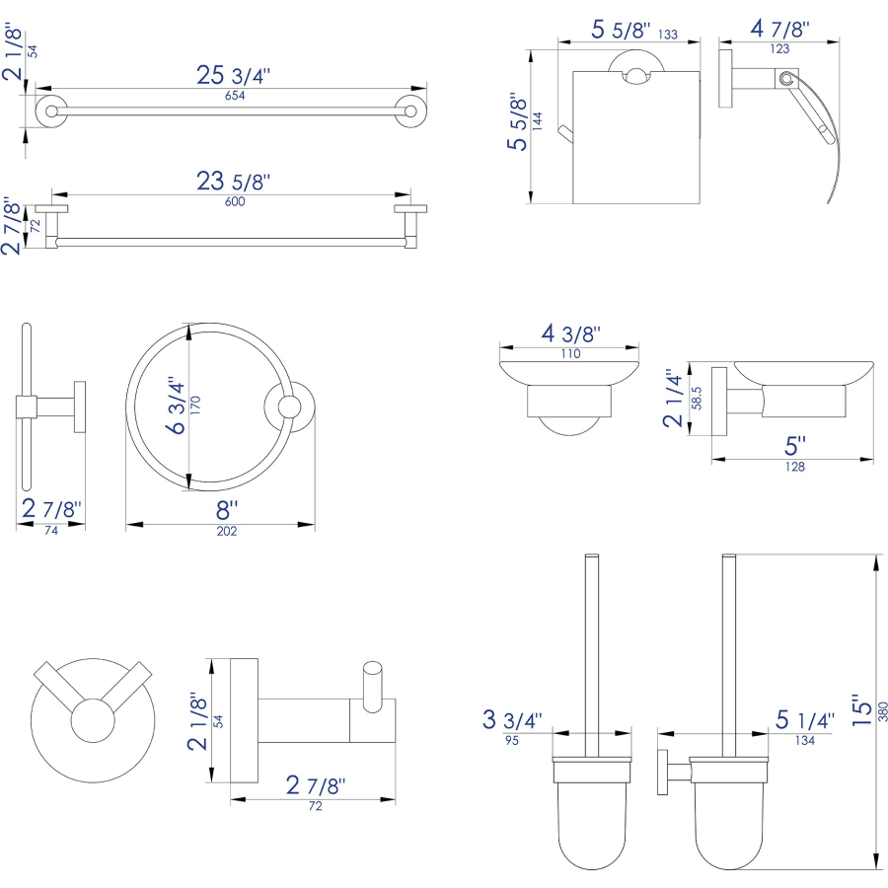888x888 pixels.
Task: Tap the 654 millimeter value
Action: (234, 96)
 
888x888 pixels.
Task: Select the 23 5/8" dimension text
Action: (233, 182)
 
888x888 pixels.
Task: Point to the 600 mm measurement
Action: (234, 201)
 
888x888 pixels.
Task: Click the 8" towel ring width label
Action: (227, 510)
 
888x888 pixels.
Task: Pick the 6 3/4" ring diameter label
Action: (177, 405)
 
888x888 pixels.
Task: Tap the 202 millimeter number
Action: (227, 531)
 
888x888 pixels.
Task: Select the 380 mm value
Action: (882, 709)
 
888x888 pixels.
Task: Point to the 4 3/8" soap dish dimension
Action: (570, 333)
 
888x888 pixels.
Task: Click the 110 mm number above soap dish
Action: (570, 352)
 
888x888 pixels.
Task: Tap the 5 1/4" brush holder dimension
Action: (804, 719)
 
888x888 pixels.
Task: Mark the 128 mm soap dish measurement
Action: (795, 467)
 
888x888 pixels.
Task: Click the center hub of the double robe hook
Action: (93, 722)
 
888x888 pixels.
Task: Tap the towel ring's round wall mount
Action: (289, 407)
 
